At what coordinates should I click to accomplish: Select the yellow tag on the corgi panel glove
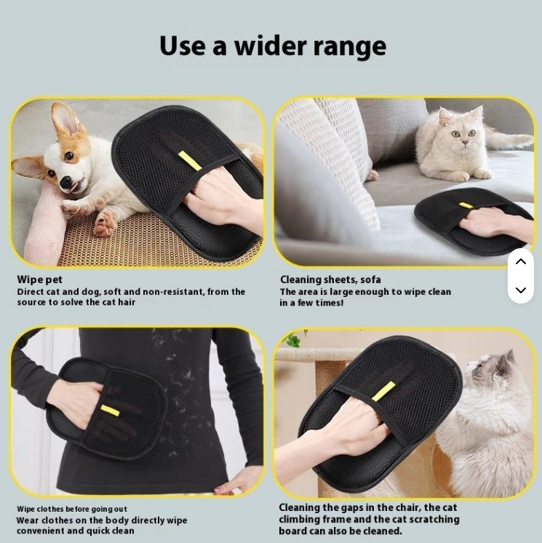coord(190,160)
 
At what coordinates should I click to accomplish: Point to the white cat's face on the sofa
coord(462,132)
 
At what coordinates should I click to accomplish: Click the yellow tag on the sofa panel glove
coord(466,205)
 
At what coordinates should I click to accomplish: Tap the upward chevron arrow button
coord(521,261)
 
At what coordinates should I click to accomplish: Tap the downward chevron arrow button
coord(521,290)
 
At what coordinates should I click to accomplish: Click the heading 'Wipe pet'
coord(40,280)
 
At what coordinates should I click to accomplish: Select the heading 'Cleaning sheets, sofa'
coord(330,280)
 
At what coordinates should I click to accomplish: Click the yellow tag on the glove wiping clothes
coord(110,411)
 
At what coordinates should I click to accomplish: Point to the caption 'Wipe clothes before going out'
coord(72,509)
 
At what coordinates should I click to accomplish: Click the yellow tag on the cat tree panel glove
coord(383,392)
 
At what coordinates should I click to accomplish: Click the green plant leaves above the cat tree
coord(293,339)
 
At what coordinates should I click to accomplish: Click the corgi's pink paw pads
coord(105,223)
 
